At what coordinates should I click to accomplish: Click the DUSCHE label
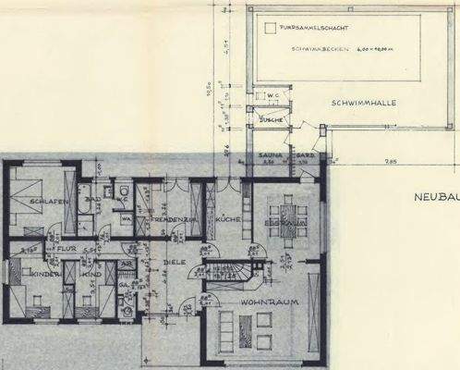[x=271, y=120]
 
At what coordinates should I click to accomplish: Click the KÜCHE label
[x=227, y=218]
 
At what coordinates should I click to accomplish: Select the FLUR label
[x=64, y=249]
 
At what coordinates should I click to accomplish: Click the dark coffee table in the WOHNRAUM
[x=246, y=329]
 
